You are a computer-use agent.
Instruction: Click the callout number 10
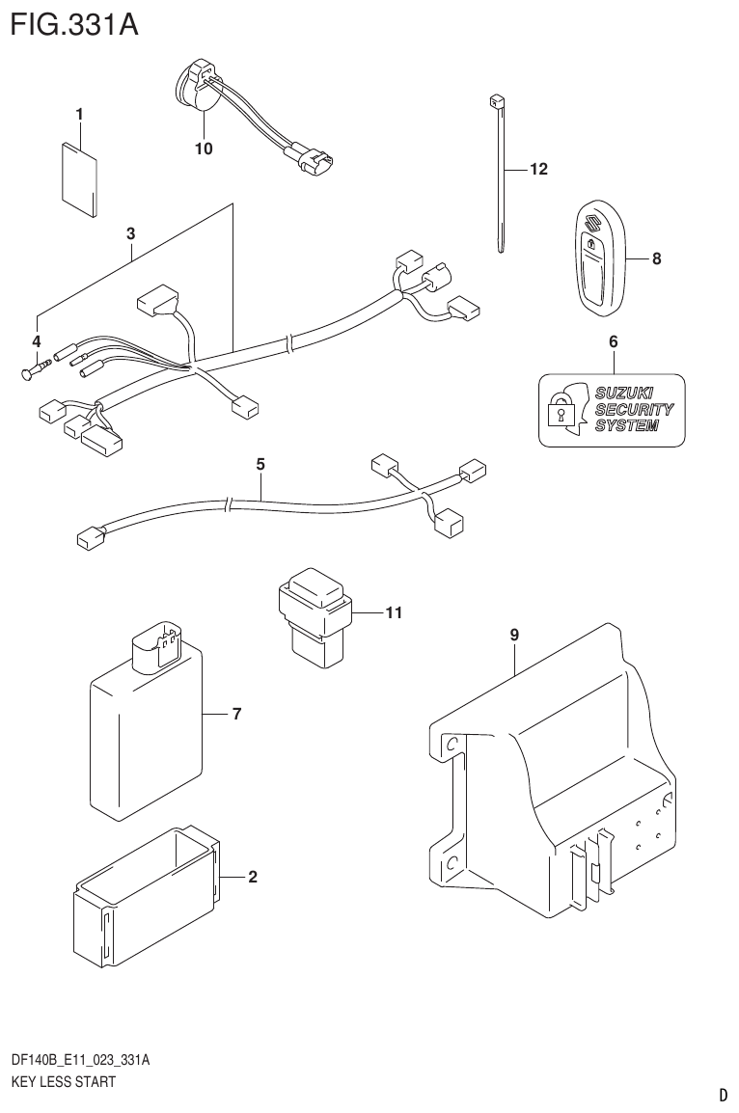click(x=203, y=149)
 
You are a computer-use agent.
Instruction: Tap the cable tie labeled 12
click(x=501, y=174)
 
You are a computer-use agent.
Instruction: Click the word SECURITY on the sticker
click(x=633, y=409)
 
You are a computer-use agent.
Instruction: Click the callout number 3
click(x=130, y=232)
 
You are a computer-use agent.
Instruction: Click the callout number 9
click(x=514, y=635)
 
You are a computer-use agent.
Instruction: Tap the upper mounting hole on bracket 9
click(x=450, y=746)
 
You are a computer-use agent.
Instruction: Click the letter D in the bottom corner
click(x=722, y=1095)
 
